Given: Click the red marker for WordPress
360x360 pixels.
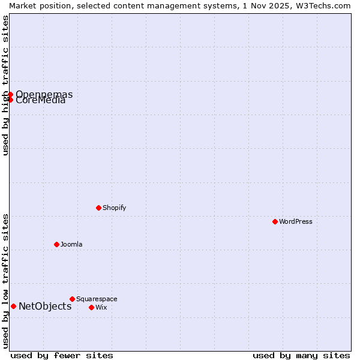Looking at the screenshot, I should [x=275, y=221].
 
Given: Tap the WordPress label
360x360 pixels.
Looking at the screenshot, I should [x=295, y=221].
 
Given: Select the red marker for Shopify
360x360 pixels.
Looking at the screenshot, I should [x=98, y=208].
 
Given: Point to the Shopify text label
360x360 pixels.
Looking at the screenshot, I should [x=114, y=208].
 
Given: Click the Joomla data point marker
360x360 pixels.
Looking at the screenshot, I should [x=56, y=244].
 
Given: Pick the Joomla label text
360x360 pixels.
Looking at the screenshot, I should [x=71, y=244].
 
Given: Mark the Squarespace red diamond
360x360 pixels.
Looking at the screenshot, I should [x=72, y=299].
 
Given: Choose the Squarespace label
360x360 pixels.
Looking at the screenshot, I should [x=97, y=299].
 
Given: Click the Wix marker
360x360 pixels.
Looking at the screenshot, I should [x=91, y=307].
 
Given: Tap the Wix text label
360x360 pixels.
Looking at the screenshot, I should [x=101, y=307].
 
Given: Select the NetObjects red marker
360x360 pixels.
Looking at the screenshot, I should [x=13, y=306].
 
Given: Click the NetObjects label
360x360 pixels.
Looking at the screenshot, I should [x=45, y=306].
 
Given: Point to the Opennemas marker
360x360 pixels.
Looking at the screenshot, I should [x=10, y=94].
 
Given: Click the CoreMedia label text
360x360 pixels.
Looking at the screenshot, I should [x=41, y=100].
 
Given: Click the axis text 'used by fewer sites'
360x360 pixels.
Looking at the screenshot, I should [x=62, y=355].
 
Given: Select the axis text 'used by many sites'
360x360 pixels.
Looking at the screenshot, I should [x=301, y=355].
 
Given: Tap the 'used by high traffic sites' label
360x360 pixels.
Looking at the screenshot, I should [x=5, y=85].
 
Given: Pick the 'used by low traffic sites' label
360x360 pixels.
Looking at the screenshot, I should [x=5, y=281].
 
